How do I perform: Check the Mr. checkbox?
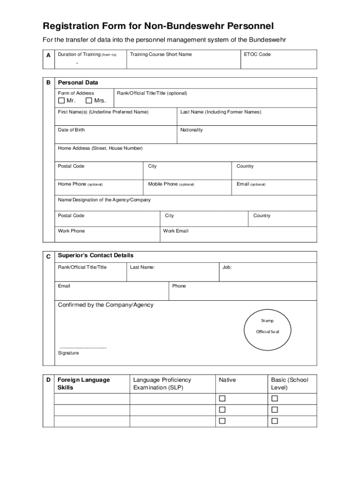pos(61,101)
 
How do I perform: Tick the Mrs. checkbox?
pos(89,101)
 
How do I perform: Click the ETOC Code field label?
pos(257,54)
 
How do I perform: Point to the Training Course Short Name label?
pos(161,54)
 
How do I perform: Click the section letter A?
pos(49,55)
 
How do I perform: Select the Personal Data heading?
pos(78,83)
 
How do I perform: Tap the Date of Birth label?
pos(72,130)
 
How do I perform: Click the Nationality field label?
pos(192,130)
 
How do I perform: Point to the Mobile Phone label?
pos(171,184)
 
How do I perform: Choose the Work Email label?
pos(176,231)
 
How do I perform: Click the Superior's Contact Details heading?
pos(95,255)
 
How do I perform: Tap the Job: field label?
pos(227,268)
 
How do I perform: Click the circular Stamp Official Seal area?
pos(267,330)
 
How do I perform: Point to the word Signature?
pos(68,353)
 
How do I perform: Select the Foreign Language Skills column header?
pos(84,384)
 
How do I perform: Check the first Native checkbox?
pos(223,399)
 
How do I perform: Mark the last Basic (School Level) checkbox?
pos(275,421)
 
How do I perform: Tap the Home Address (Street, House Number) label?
pos(100,148)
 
